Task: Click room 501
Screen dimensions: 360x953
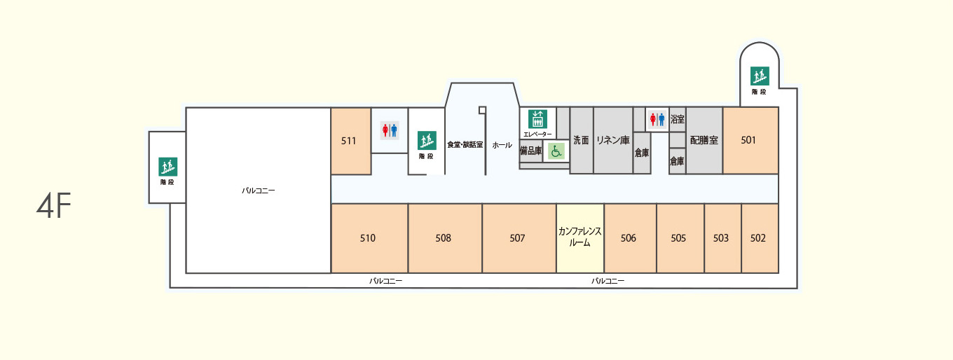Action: (750, 140)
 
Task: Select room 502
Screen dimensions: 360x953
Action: (759, 238)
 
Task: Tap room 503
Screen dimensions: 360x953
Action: (722, 238)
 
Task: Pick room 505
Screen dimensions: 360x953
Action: (679, 238)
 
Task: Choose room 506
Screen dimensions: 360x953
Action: (629, 238)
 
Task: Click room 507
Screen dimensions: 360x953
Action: (518, 238)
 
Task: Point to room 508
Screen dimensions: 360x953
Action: (444, 238)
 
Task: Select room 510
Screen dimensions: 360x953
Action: (369, 238)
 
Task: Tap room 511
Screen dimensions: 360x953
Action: (350, 141)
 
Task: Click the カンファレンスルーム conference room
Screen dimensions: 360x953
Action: (580, 237)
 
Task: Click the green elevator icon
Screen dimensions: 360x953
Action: (537, 119)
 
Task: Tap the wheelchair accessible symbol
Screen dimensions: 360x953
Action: (556, 151)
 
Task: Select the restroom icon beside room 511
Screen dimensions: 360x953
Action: (389, 130)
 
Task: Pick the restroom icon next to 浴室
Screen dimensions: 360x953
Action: (657, 119)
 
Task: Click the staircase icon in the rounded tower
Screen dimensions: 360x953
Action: (760, 76)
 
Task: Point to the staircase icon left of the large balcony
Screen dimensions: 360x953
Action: (167, 167)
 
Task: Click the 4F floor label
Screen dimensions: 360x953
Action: (54, 207)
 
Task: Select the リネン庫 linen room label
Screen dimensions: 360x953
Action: (612, 140)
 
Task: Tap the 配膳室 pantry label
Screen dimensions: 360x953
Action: (704, 140)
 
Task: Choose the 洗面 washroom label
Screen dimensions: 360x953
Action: (581, 140)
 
